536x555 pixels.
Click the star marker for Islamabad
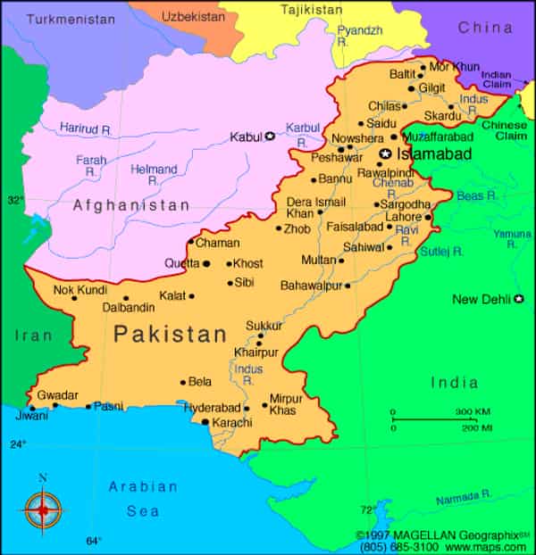tap(386, 154)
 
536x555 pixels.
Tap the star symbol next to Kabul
tap(270, 136)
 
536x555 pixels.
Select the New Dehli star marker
tap(517, 298)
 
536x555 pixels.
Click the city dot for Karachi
tap(205, 422)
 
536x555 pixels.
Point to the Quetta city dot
tap(206, 263)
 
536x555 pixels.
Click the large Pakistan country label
tap(171, 335)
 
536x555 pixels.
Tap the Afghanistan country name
tap(131, 205)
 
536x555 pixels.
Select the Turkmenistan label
tap(71, 18)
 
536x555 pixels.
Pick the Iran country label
tap(33, 335)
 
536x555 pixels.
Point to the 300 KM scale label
tap(473, 410)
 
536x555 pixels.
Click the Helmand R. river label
tap(154, 174)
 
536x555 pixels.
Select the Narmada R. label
tap(464, 497)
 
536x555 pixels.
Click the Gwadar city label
tap(57, 394)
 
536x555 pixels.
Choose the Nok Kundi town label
tap(80, 289)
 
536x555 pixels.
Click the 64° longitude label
tap(93, 540)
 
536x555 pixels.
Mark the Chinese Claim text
tap(505, 131)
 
